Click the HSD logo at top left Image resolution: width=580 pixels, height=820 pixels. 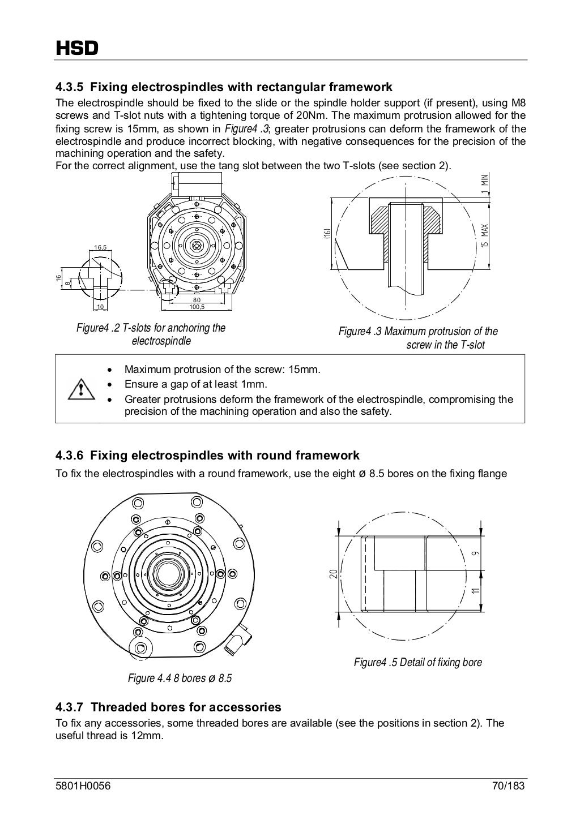76,48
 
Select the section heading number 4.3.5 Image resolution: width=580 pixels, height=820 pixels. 70,87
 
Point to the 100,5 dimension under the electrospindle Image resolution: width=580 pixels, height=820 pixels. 197,307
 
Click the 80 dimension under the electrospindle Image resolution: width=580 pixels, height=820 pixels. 197,300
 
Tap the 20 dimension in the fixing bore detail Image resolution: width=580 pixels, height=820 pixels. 334,574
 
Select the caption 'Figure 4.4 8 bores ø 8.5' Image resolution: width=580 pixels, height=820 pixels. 180,678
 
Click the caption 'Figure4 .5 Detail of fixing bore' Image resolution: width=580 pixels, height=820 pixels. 417,662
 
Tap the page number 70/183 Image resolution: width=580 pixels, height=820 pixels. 508,787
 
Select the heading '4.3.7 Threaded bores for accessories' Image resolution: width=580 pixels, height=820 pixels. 168,707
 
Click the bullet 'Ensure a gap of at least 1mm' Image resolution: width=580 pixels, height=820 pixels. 195,384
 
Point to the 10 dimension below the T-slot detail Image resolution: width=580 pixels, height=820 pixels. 100,307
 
